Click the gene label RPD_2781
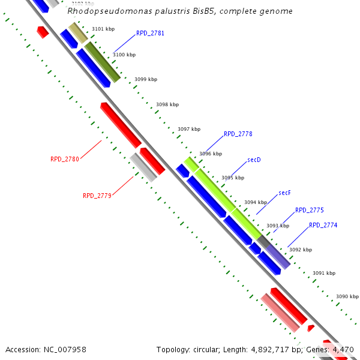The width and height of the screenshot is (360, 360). point(150,33)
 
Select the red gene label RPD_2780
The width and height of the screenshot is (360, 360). point(65,159)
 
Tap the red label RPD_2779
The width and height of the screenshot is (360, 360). point(97,196)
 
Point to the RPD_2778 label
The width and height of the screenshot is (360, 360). point(238,134)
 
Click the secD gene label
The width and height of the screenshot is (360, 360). point(254,160)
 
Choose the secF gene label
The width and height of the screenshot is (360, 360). point(284,193)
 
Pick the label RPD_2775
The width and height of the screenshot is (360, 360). point(309,210)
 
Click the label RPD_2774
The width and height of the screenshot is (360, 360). point(323,225)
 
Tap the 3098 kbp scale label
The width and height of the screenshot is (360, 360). point(167,104)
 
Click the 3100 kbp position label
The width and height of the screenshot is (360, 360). point(124,55)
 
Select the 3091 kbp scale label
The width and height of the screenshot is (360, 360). point(324,273)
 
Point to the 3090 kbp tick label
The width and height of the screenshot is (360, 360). point(347,296)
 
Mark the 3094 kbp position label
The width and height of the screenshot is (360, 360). point(255,202)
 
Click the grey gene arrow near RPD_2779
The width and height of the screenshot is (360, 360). point(143,167)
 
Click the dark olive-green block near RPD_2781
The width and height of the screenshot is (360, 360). point(102,61)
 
